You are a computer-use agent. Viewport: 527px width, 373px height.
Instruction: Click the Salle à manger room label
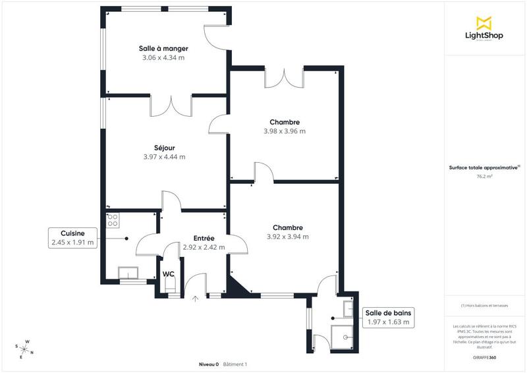point(163,49)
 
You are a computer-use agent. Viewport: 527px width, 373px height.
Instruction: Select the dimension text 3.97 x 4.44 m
point(164,157)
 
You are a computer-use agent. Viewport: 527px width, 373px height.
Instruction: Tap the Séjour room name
point(164,148)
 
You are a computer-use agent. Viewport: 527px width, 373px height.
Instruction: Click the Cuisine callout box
point(72,238)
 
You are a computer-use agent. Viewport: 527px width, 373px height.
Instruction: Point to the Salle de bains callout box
point(389,317)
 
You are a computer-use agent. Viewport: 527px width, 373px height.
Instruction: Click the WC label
point(169,273)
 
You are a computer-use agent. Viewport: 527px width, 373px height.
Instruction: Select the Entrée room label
point(204,239)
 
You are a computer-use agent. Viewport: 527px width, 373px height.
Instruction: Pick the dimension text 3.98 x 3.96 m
point(285,131)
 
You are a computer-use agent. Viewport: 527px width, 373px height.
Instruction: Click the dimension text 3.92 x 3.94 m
point(288,237)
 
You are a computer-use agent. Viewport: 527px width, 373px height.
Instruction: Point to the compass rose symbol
point(25,349)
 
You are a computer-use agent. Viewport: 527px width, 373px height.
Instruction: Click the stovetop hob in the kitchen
point(113,219)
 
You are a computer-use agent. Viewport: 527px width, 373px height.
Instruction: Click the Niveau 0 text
point(209,364)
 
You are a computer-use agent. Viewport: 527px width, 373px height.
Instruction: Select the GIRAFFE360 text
point(484,356)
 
